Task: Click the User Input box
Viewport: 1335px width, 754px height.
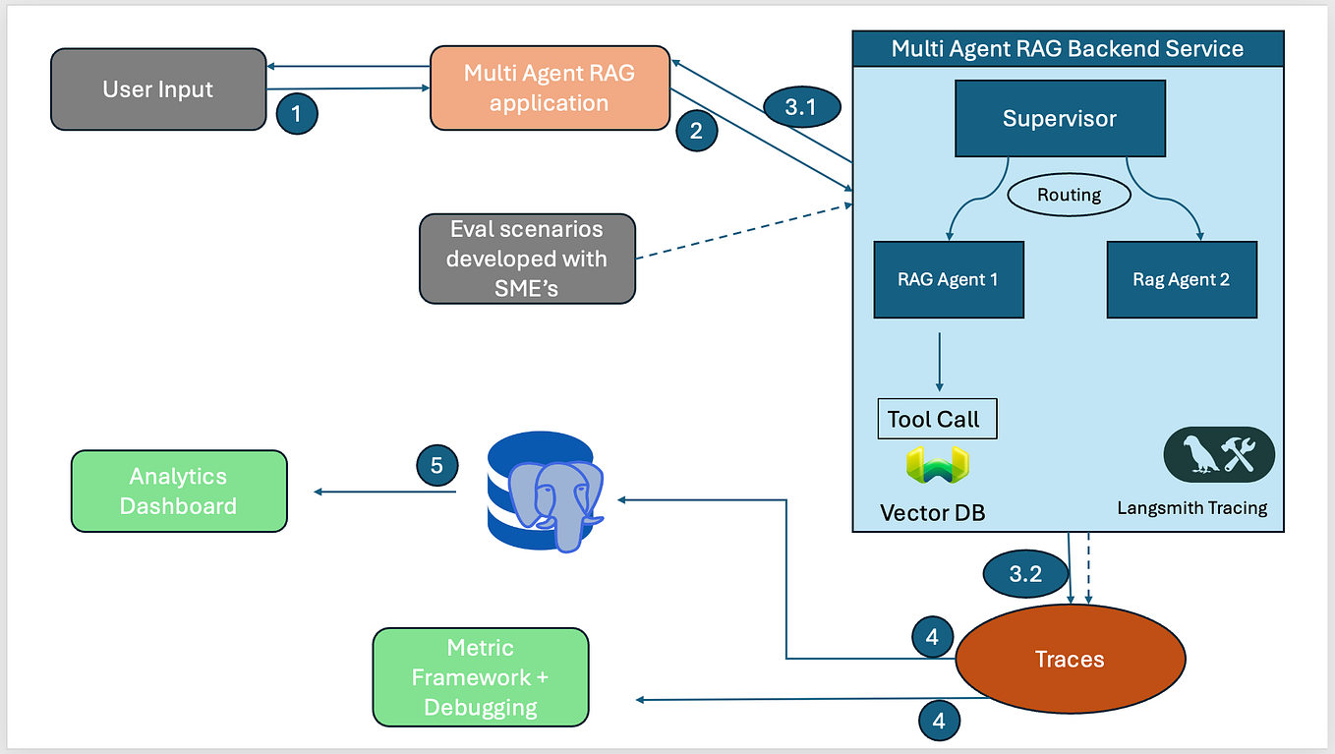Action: click(x=158, y=89)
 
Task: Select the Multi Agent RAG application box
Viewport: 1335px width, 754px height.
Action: click(x=550, y=87)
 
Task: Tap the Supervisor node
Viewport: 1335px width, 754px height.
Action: click(x=1060, y=119)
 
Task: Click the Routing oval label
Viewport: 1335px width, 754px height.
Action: click(x=1069, y=195)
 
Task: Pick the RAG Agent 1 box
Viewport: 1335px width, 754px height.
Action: click(x=947, y=279)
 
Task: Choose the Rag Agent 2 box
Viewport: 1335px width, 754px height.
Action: click(x=1181, y=279)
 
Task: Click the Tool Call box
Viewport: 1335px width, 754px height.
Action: click(x=934, y=419)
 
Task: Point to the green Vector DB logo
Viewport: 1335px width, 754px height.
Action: click(x=937, y=465)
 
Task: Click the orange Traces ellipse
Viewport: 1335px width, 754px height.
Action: click(x=1070, y=660)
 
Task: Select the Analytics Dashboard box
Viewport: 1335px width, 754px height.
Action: click(x=179, y=492)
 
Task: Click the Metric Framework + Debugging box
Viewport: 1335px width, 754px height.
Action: click(x=481, y=677)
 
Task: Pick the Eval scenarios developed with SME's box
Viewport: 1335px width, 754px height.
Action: click(x=527, y=259)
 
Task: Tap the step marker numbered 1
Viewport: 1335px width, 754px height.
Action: click(x=297, y=114)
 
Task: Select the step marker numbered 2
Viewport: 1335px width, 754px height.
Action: click(x=696, y=131)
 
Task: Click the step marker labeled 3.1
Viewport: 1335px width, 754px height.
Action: click(x=800, y=107)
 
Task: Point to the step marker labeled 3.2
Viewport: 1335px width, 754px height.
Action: click(x=1025, y=574)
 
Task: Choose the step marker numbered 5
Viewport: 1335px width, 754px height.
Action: click(x=436, y=464)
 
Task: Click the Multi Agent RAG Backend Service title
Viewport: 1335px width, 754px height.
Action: click(x=1067, y=49)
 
